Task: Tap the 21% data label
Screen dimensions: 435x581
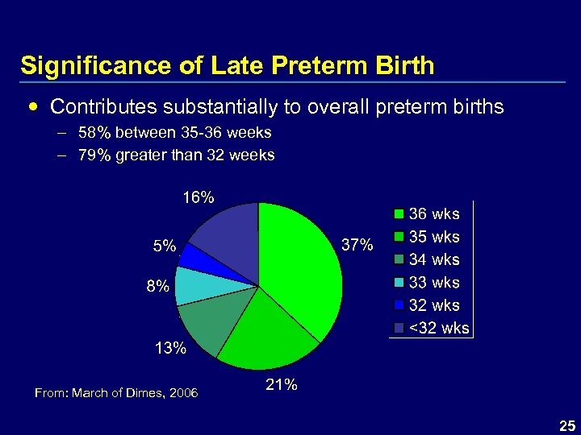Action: coord(282,385)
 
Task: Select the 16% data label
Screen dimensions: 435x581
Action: coord(199,197)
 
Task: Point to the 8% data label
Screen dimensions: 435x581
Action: coord(158,286)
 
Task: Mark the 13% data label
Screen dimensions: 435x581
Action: coord(170,348)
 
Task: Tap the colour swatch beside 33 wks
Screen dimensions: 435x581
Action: coord(399,283)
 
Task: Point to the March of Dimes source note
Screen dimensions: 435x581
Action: coord(116,392)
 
